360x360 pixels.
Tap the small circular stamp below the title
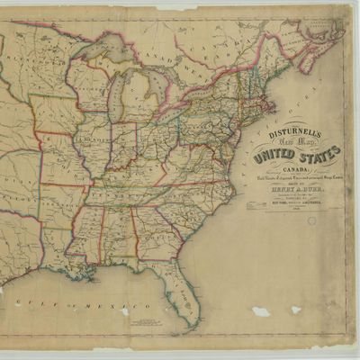coord(311,221)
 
